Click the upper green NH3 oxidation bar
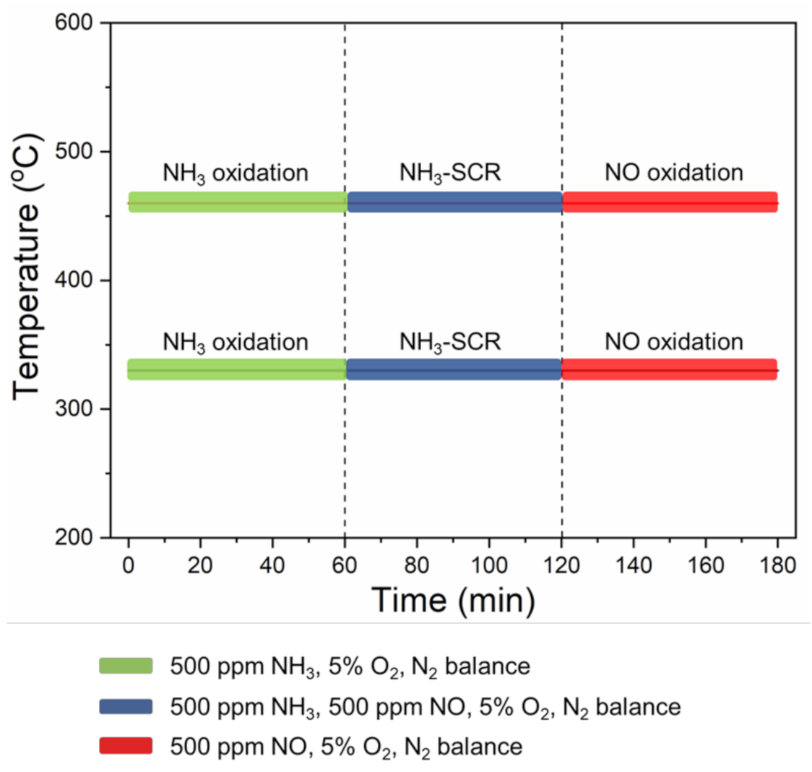[237, 202]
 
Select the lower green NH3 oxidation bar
[237, 369]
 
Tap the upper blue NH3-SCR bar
[454, 202]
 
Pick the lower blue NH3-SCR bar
[454, 369]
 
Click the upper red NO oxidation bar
[670, 202]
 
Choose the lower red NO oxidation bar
[669, 369]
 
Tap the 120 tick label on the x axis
[561, 565]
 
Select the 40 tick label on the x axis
[272, 565]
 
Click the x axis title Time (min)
[453, 600]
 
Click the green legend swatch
[126, 666]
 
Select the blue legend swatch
[126, 706]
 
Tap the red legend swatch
[126, 745]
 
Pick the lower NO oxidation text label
[673, 341]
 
